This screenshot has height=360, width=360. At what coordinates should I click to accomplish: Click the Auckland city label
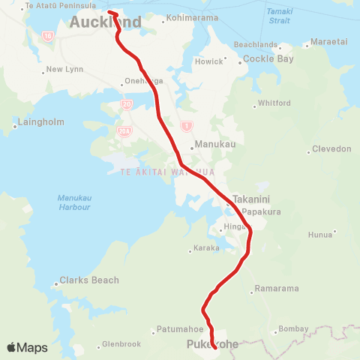(105, 22)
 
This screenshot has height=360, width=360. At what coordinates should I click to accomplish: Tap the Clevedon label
(333, 148)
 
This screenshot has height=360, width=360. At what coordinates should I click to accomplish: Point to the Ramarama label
(277, 288)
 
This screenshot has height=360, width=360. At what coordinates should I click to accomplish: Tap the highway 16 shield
(47, 35)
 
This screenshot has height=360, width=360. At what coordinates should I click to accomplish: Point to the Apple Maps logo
(27, 347)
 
